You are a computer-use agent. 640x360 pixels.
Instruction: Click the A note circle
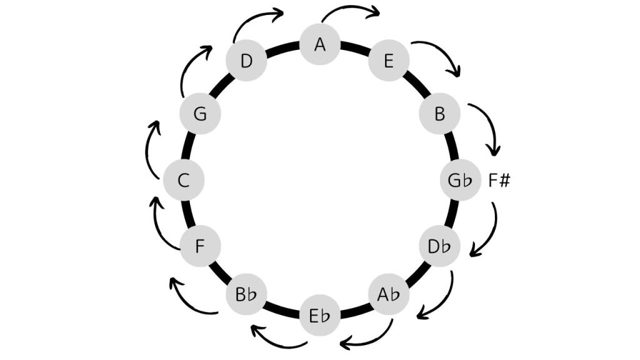coord(320,44)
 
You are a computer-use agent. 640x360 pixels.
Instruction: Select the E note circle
coord(389,61)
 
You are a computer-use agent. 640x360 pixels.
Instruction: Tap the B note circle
coord(439,114)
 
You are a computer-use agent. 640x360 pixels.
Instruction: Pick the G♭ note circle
coord(460,181)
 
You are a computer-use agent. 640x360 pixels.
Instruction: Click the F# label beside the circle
coord(499,181)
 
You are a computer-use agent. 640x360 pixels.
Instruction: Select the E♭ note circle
coord(320,314)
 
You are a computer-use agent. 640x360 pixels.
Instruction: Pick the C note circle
coord(183,181)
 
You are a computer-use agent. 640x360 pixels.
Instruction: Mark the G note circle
coord(200,114)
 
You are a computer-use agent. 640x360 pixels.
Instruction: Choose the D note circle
coord(246,61)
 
